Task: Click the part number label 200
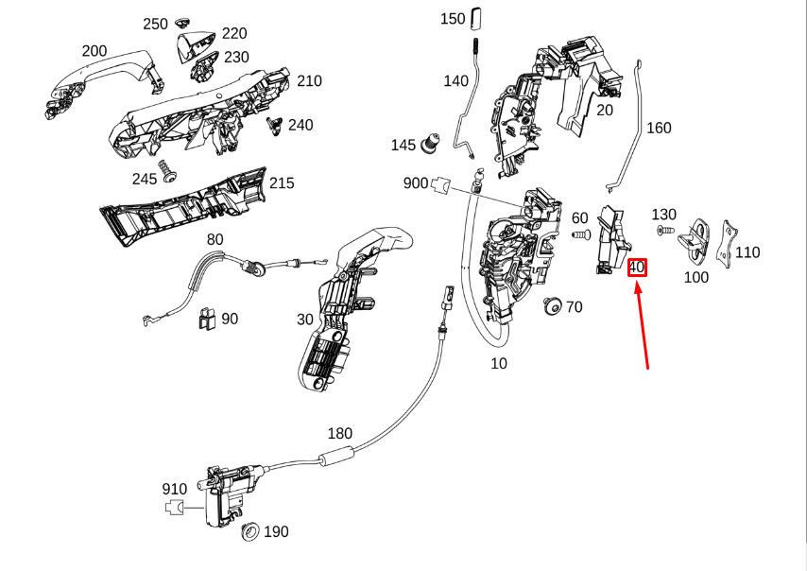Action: [x=94, y=51]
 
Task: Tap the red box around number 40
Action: [x=637, y=268]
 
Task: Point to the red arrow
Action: [x=642, y=325]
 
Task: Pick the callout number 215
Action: [x=282, y=183]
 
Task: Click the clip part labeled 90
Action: [x=206, y=319]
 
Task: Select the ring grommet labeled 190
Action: [x=250, y=531]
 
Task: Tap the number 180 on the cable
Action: [x=340, y=434]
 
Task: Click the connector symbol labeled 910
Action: [x=175, y=507]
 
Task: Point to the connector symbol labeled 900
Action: [x=441, y=183]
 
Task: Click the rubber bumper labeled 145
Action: [x=430, y=143]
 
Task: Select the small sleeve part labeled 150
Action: [x=476, y=19]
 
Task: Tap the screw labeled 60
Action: [x=581, y=235]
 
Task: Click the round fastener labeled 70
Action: [x=553, y=306]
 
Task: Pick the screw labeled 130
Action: [x=665, y=230]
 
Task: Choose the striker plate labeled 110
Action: [x=730, y=246]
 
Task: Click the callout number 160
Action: [x=659, y=128]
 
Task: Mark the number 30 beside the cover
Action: [x=305, y=320]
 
